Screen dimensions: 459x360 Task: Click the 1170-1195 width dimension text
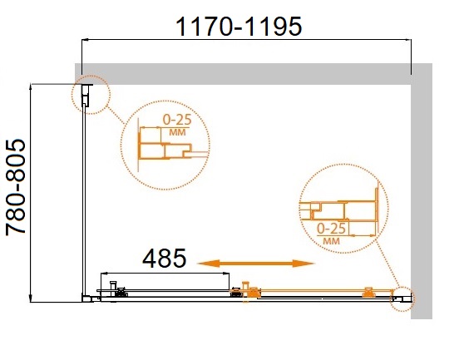point(239,27)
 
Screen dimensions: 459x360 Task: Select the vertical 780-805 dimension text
point(16,187)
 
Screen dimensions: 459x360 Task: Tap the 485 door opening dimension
point(164,259)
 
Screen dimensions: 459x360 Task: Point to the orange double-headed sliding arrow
point(255,264)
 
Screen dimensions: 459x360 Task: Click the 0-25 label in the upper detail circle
point(177,120)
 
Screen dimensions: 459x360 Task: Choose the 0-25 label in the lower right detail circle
point(332,229)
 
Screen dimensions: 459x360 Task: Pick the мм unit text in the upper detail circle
point(177,132)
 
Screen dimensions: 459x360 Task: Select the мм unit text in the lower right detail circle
point(332,241)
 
